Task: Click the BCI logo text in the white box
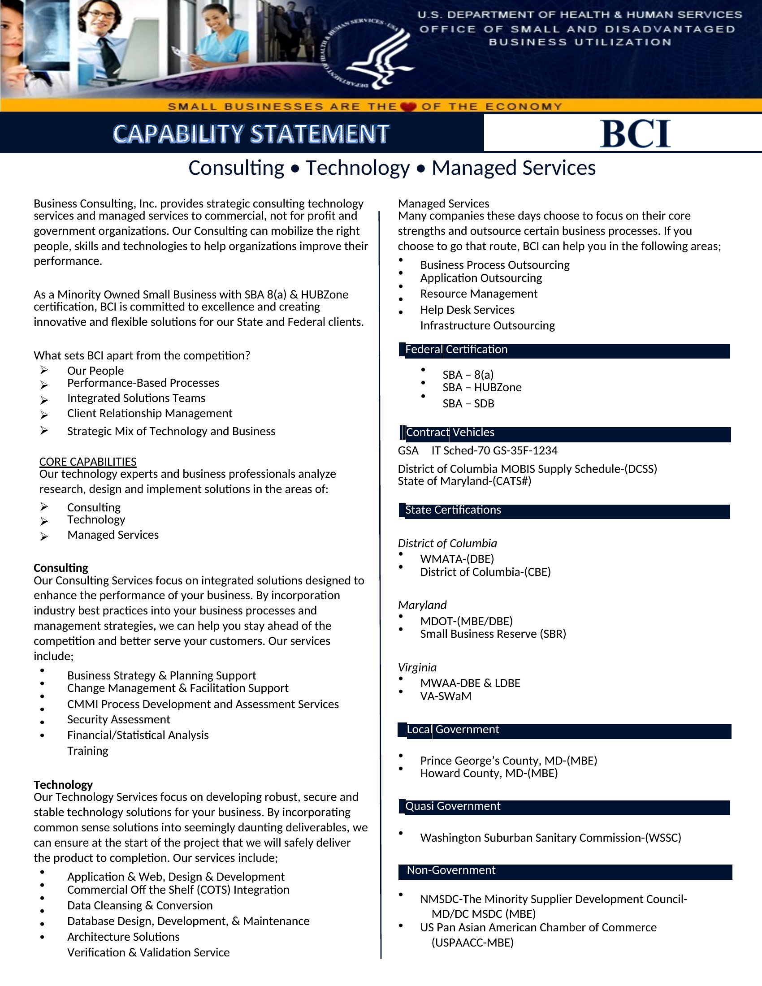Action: point(635,134)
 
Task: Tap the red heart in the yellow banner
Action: point(408,107)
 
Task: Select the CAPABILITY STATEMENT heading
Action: point(251,134)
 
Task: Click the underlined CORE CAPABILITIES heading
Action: point(87,461)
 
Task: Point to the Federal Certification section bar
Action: point(564,350)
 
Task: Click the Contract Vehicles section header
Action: point(564,433)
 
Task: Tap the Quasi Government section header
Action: point(564,807)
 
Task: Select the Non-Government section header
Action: point(564,871)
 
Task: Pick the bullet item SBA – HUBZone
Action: point(482,387)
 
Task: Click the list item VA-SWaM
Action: point(446,696)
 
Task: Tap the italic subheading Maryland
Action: point(422,605)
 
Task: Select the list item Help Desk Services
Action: point(467,310)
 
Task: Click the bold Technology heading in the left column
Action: point(63,785)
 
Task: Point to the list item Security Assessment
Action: point(119,719)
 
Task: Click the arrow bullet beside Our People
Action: point(44,370)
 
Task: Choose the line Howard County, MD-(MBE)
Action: point(489,774)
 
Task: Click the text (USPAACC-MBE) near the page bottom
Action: point(472,943)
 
